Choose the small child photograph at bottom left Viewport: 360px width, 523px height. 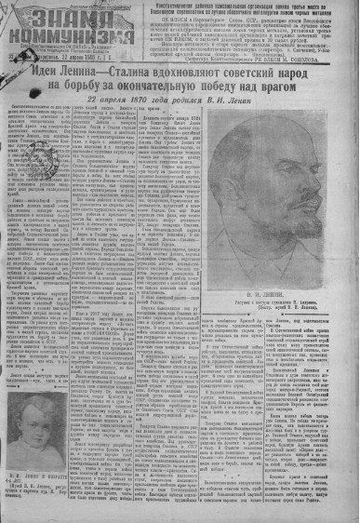pyautogui.click(x=43, y=400)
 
